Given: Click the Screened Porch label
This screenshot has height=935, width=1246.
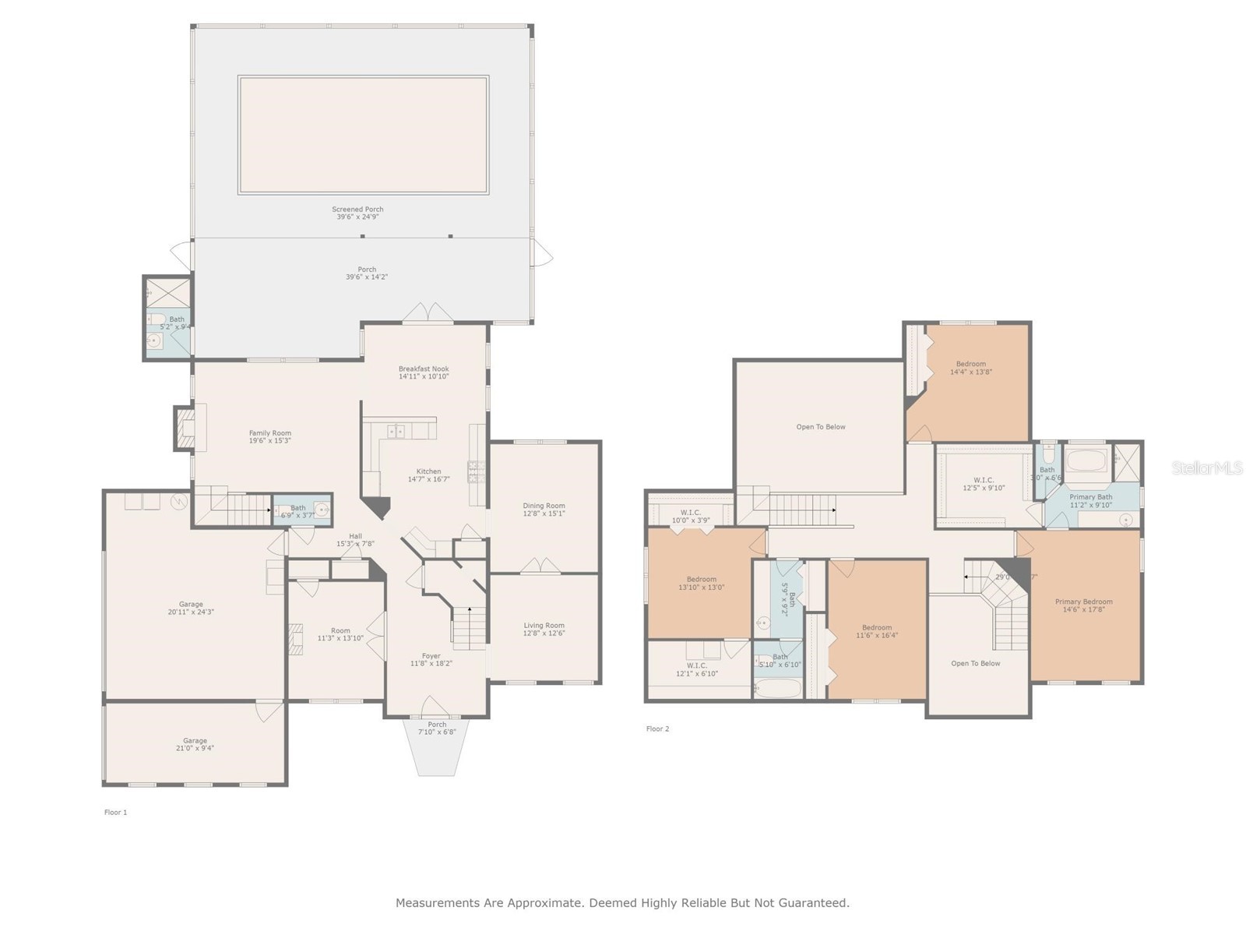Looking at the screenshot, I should [357, 210].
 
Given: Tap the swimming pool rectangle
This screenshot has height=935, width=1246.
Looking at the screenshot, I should [363, 135].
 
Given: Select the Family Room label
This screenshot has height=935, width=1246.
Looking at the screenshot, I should [270, 433].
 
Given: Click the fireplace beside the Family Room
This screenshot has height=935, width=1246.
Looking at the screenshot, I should [185, 429].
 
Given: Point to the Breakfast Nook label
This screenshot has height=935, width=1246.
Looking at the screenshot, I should [424, 369].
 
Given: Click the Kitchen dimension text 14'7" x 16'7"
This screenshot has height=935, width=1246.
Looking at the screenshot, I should [429, 479].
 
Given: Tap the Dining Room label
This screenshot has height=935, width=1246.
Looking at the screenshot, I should [544, 506].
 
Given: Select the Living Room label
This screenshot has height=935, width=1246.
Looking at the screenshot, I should [544, 626].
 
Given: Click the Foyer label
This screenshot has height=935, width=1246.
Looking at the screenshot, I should [431, 656].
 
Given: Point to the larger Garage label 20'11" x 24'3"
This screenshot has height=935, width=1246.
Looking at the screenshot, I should [191, 605].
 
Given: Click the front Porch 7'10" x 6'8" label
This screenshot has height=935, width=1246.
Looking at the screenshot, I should [437, 725].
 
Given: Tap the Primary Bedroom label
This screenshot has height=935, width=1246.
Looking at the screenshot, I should [1083, 602].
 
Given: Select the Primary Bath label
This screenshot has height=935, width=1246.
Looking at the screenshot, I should [1090, 497].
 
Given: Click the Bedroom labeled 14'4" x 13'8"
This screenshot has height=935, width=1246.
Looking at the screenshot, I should [970, 364].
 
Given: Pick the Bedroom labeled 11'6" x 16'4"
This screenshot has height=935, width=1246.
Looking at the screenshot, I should [877, 628].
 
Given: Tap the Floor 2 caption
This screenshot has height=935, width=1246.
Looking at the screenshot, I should [657, 729].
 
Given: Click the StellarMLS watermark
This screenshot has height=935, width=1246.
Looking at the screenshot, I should [1206, 467].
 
